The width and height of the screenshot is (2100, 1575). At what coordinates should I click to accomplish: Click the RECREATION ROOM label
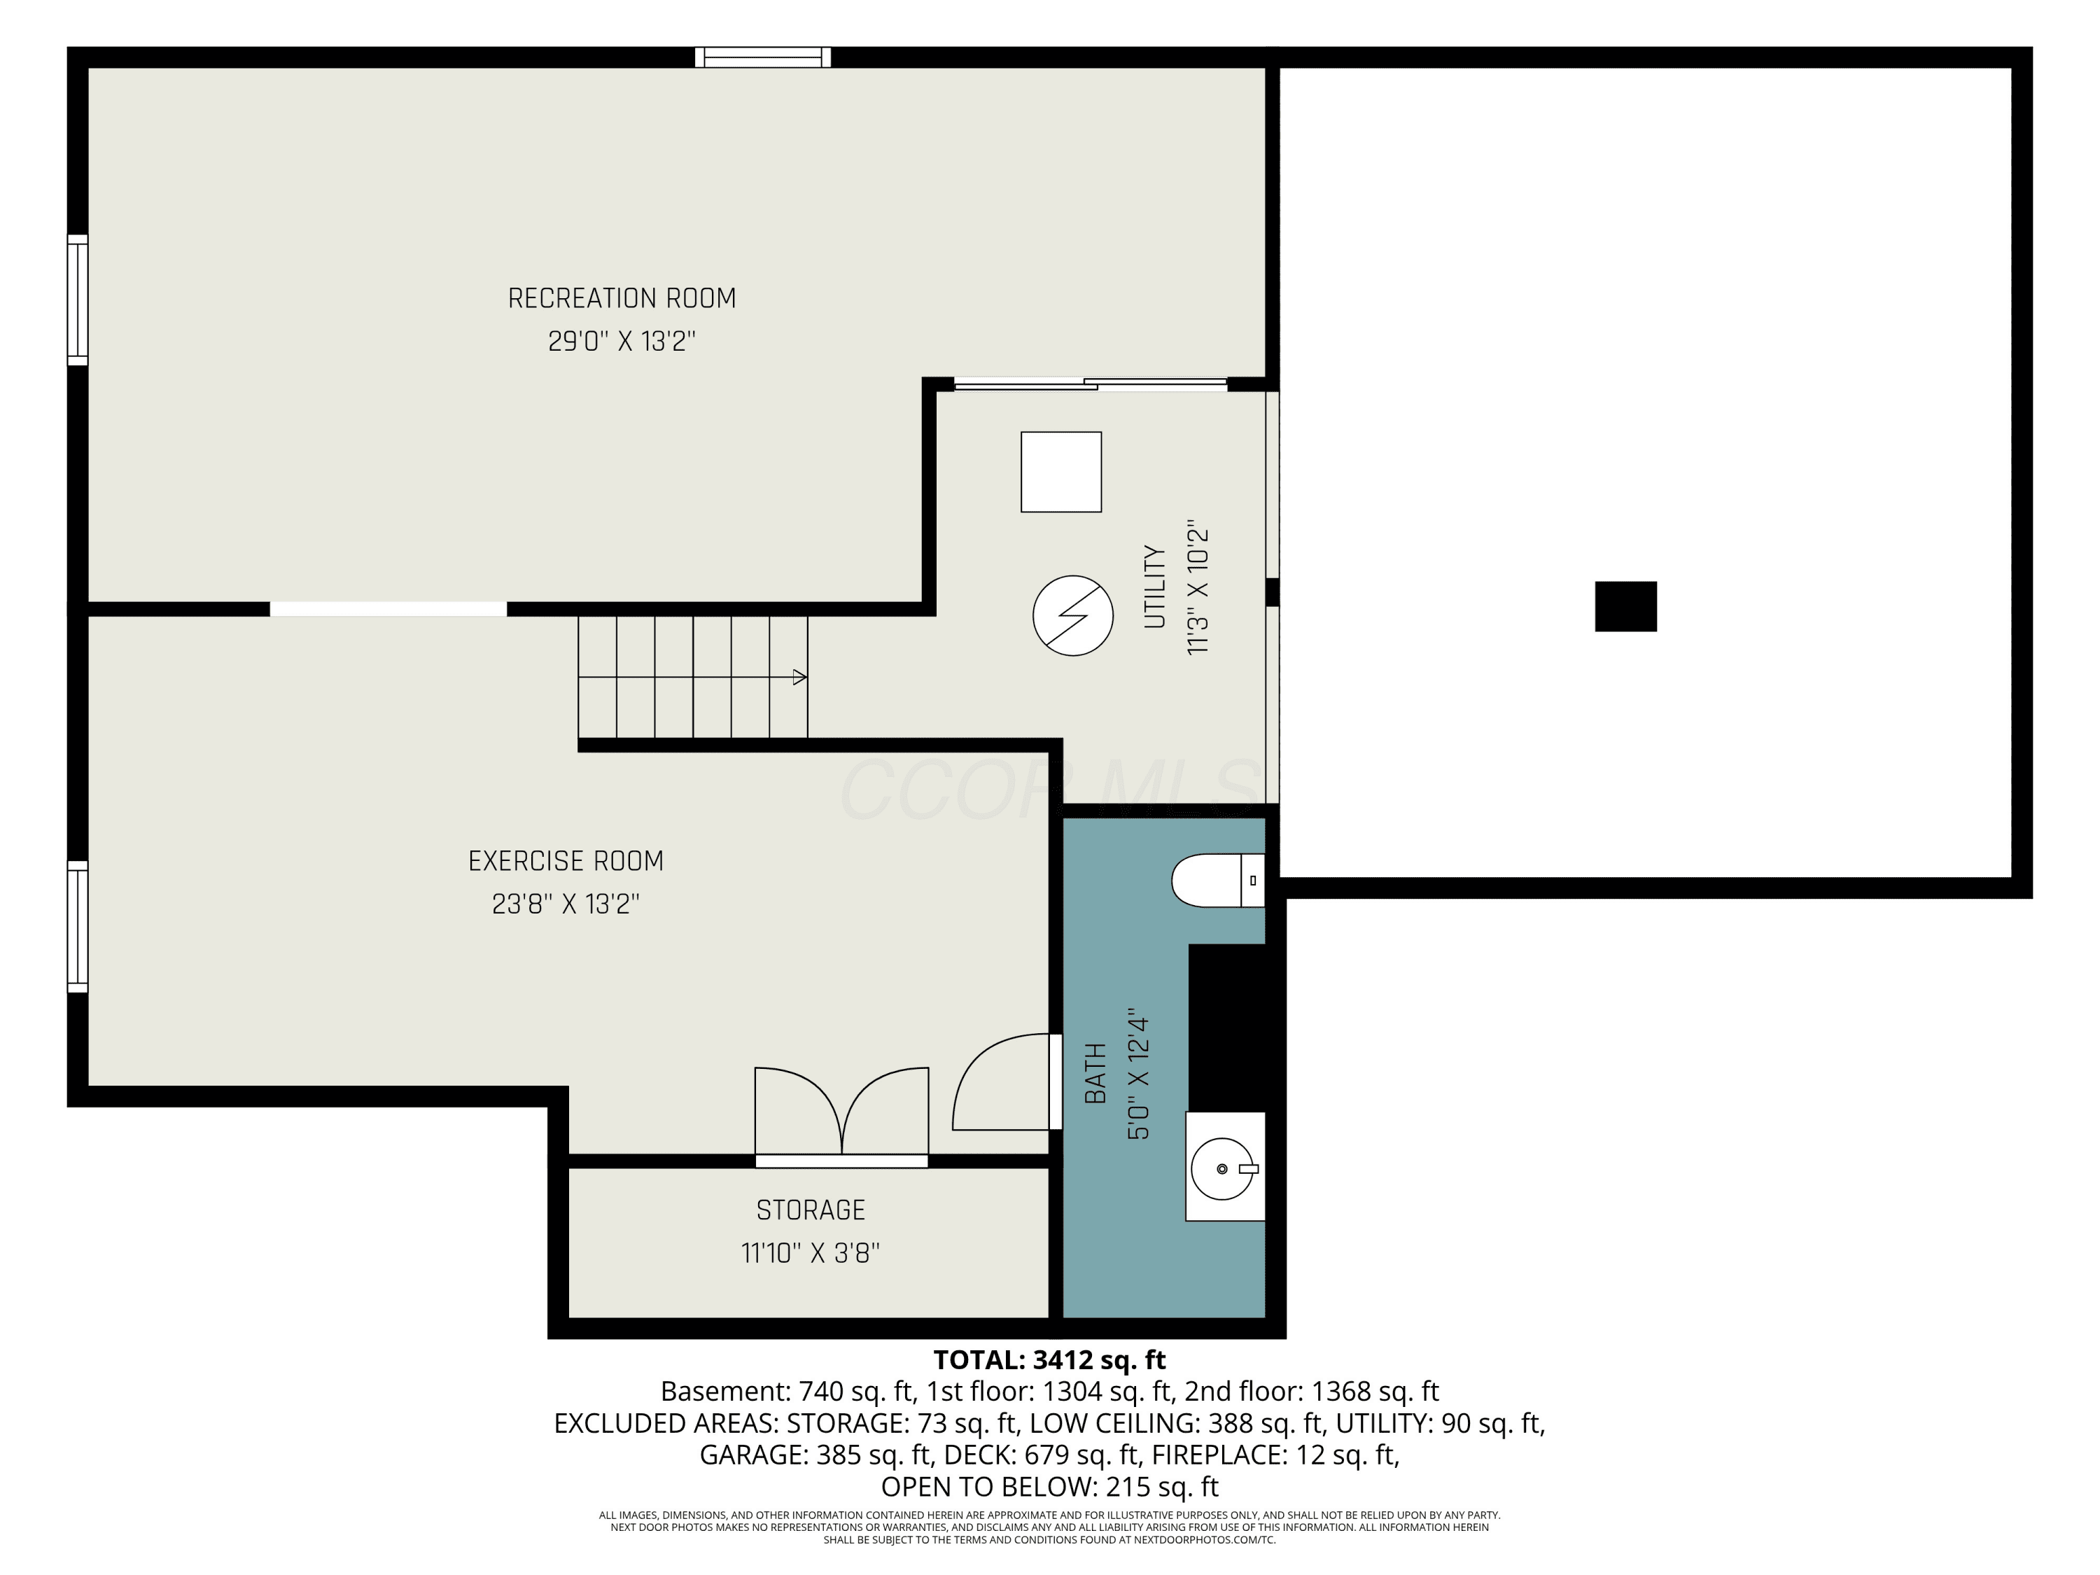click(x=622, y=298)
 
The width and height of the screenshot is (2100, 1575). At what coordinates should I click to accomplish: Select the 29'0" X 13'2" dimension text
click(x=622, y=341)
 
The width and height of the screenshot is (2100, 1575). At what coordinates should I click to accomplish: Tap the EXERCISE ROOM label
click(x=566, y=861)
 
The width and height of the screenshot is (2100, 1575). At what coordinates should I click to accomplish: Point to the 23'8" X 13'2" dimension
click(x=566, y=904)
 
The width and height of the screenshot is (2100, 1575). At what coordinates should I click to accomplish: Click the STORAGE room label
click(x=811, y=1210)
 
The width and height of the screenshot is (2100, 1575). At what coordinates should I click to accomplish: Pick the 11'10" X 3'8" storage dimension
click(x=811, y=1253)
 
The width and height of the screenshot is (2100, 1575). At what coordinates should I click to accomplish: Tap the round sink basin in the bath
click(x=1223, y=1169)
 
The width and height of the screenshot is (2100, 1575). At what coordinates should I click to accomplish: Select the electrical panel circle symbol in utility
click(x=1073, y=615)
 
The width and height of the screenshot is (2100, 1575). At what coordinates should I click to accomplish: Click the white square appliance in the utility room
click(x=1061, y=472)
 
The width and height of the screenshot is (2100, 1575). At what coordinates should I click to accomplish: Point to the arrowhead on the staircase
click(x=799, y=677)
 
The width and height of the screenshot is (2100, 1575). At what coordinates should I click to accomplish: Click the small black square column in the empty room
click(x=1625, y=607)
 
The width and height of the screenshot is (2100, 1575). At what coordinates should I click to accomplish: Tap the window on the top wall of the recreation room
click(x=763, y=57)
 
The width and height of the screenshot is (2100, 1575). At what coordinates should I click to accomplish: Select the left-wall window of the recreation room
click(x=78, y=300)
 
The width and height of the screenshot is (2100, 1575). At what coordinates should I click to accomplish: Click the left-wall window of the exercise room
click(x=78, y=927)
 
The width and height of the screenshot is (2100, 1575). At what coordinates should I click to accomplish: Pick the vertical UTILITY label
click(x=1154, y=587)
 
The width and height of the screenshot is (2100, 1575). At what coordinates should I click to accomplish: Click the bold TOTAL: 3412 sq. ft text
click(x=1049, y=1360)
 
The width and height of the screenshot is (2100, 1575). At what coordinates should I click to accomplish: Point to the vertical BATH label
click(x=1095, y=1074)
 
